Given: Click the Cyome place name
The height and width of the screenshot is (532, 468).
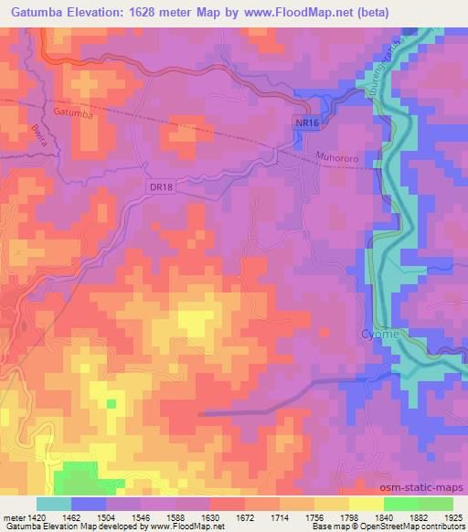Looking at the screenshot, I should click(x=379, y=334).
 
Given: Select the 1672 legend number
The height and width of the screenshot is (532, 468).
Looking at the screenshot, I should click(x=247, y=516).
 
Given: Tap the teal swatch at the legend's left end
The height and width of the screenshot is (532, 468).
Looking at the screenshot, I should click(x=53, y=504).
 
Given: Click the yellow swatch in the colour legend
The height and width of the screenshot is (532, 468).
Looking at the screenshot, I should click(x=366, y=504).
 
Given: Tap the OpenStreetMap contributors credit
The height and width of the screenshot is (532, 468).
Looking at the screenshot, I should click(x=403, y=526).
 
